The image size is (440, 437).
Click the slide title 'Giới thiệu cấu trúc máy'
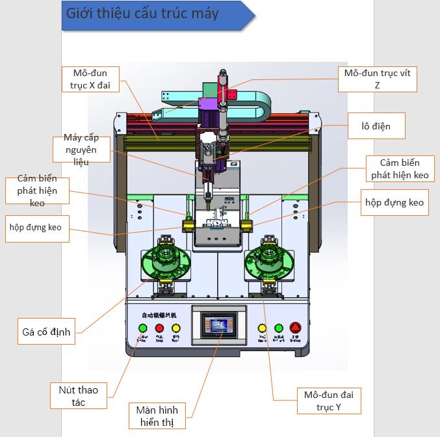(143, 14)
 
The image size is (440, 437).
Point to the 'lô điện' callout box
(377, 126)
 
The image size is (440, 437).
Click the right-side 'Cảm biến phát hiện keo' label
(398, 168)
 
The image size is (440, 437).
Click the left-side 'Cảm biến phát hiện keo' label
(37, 191)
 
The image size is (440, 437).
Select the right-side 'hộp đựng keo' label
(394, 203)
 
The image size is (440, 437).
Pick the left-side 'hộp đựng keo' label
(36, 228)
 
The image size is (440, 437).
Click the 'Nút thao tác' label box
(79, 395)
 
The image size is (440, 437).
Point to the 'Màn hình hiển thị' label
(157, 416)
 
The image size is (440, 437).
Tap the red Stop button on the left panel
(159, 328)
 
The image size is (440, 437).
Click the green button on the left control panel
(142, 328)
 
